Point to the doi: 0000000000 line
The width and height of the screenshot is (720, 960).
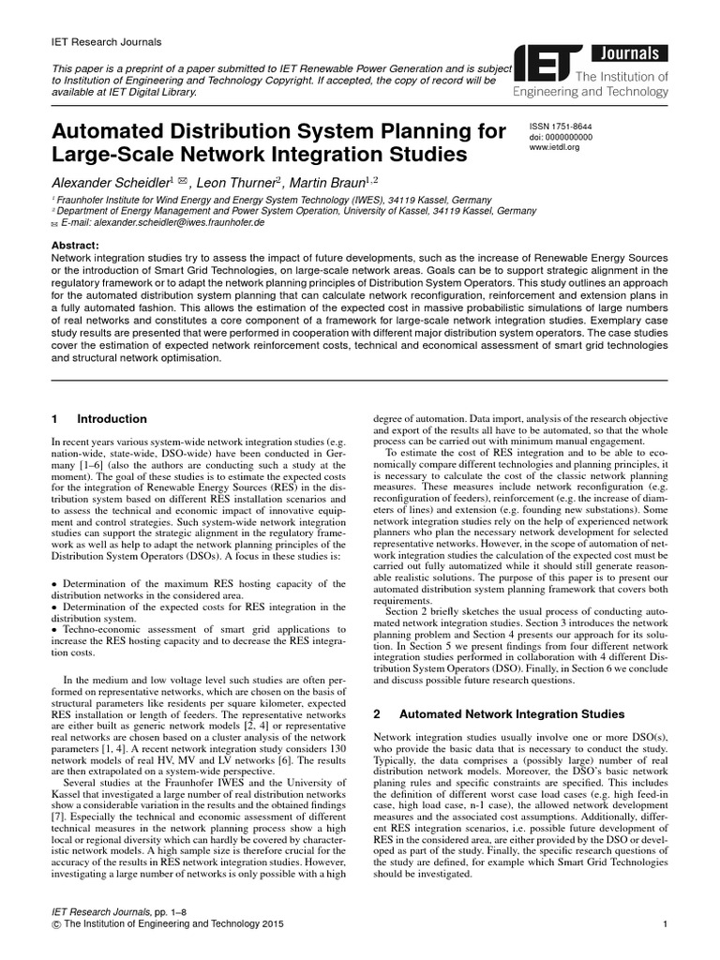click(x=563, y=136)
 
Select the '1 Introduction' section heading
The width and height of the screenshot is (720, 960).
click(x=98, y=419)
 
